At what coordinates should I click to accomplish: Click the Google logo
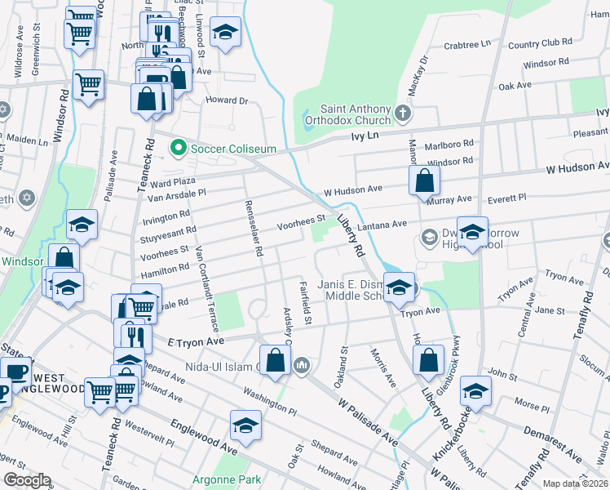point(27,479)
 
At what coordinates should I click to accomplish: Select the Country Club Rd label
point(535,42)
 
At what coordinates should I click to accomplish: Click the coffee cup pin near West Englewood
point(16,371)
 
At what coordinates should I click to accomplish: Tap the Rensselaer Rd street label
point(252,229)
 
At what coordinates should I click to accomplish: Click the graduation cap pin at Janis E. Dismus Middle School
point(400,287)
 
